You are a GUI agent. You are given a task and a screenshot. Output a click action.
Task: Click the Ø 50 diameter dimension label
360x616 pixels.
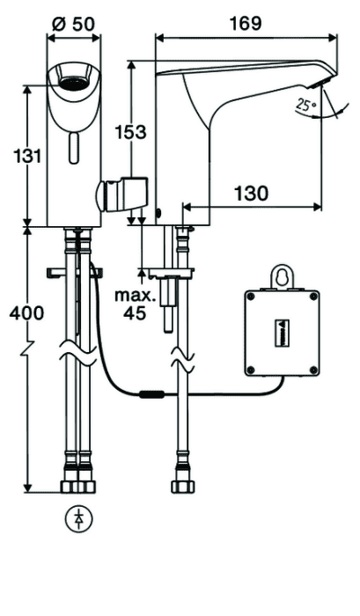coord(73,25)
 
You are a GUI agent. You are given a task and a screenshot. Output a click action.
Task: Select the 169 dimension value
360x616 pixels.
coord(246,24)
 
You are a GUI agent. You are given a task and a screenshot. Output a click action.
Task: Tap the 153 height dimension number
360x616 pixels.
coord(130,132)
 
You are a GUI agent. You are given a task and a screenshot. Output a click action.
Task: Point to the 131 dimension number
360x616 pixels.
coord(27,157)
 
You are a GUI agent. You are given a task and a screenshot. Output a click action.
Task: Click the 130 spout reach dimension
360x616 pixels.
coord(252,193)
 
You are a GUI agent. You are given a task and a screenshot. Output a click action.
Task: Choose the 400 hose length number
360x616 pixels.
coord(26,313)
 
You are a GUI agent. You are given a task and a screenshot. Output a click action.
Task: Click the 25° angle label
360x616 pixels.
coord(306,105)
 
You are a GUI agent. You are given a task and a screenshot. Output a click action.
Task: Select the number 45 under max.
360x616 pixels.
coord(135,313)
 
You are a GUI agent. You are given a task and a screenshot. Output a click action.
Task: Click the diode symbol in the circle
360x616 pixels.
coord(79,519)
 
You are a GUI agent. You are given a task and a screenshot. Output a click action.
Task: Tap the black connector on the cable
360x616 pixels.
coord(151,394)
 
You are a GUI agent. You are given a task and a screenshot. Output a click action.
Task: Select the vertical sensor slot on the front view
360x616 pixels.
coord(73,148)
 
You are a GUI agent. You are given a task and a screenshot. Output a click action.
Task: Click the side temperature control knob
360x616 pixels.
coord(121,194)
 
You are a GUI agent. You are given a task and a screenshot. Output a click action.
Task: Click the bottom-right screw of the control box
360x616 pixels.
coord(313,370)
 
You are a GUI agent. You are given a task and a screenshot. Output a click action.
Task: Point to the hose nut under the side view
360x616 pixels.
coord(183,487)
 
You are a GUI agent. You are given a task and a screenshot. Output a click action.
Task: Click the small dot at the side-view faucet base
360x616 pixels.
coord(158,214)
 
